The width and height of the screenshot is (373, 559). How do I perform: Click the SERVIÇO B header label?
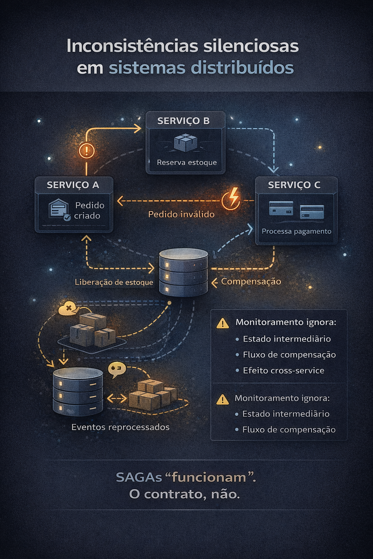click(x=183, y=121)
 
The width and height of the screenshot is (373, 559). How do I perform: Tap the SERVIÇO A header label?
click(x=73, y=185)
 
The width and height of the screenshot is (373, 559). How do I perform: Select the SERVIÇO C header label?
click(x=294, y=185)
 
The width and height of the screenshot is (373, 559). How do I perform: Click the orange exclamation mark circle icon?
click(x=87, y=150)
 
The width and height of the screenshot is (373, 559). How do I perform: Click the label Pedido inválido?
click(x=181, y=214)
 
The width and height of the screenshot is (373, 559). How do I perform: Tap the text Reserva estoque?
click(x=186, y=162)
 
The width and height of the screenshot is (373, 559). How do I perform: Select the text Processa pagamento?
click(x=296, y=231)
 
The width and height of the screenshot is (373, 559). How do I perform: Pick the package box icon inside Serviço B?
click(x=185, y=142)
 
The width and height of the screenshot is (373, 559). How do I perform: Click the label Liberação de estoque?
click(x=114, y=282)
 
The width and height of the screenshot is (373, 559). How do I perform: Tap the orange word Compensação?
click(x=251, y=281)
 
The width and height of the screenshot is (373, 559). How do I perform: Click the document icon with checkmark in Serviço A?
click(x=59, y=209)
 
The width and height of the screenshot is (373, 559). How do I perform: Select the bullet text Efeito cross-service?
click(x=283, y=370)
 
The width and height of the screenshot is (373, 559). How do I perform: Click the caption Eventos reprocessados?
click(x=120, y=427)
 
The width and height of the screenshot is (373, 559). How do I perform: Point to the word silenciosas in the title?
click(x=251, y=46)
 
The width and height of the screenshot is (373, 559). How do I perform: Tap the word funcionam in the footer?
click(x=209, y=477)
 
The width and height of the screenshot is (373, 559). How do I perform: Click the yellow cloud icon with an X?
click(x=68, y=309)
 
